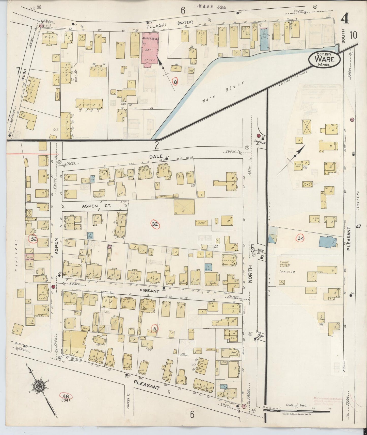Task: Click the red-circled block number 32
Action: (x=155, y=224)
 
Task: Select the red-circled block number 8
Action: (x=175, y=82)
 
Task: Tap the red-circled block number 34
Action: (x=301, y=238)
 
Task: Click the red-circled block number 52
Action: (x=33, y=239)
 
